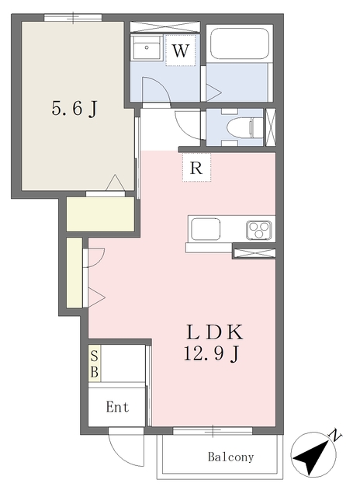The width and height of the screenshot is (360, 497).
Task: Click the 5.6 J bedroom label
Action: tap(74, 109)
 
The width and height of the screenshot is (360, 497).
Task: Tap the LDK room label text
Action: tap(215, 332)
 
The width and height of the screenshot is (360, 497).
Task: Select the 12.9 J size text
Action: tap(211, 354)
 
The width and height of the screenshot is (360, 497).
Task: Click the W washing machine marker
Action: tap(181, 50)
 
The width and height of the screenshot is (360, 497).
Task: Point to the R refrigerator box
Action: tap(196, 168)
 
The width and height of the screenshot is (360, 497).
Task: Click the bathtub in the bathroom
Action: tap(240, 43)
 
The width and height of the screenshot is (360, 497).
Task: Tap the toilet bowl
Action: tap(244, 127)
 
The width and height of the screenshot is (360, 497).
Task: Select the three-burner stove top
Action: tap(259, 230)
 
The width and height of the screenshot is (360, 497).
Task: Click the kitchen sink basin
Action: tap(205, 229)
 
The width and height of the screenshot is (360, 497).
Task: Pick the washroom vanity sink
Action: tap(147, 48)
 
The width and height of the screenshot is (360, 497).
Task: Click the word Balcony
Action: tap(230, 457)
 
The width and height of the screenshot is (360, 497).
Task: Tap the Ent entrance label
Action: tap(117, 407)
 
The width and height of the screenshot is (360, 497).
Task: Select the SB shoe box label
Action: tap(95, 364)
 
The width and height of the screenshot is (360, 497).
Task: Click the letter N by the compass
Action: tap(336, 436)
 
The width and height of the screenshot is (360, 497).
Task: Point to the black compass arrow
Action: tap(313, 457)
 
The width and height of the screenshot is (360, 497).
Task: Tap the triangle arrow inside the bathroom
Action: tap(213, 92)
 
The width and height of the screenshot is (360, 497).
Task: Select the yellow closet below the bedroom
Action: tap(100, 214)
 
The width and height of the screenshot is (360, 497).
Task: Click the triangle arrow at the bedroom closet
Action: tap(115, 182)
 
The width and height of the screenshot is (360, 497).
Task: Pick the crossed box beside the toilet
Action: tap(270, 127)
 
